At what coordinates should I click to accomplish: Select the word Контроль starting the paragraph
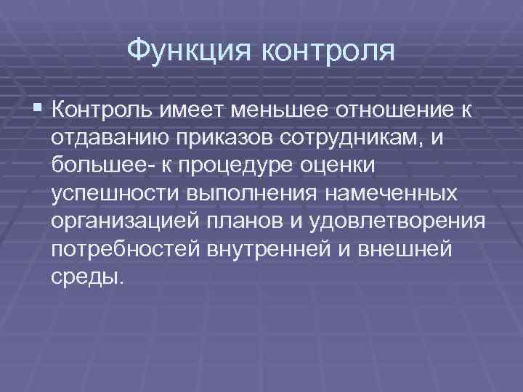pos(96,110)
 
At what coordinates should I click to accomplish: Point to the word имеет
pos(182,110)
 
